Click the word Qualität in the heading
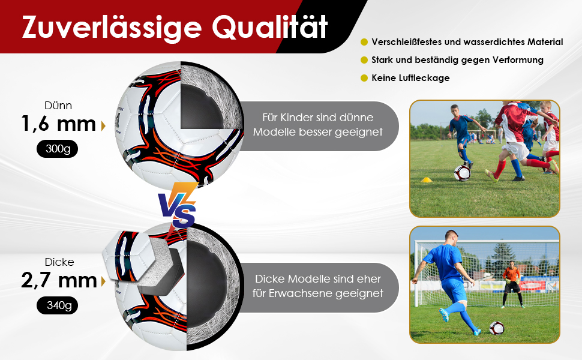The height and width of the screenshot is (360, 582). pyautogui.click(x=270, y=27)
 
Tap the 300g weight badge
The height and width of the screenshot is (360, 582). pyautogui.click(x=57, y=149)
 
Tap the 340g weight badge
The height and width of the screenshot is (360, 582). pyautogui.click(x=57, y=305)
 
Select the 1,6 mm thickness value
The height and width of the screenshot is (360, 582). pyautogui.click(x=59, y=124)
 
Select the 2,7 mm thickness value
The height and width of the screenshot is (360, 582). pyautogui.click(x=59, y=280)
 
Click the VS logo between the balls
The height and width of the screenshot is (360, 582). pyautogui.click(x=178, y=206)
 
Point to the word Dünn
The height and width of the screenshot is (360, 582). pyautogui.click(x=58, y=106)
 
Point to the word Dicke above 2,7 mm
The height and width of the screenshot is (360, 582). pyautogui.click(x=59, y=262)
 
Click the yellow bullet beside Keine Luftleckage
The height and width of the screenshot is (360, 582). pyautogui.click(x=364, y=78)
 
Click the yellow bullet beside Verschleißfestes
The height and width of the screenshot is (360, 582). pyautogui.click(x=364, y=42)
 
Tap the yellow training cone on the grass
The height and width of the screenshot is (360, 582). pyautogui.click(x=427, y=180)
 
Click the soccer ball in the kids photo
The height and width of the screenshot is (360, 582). pyautogui.click(x=462, y=173)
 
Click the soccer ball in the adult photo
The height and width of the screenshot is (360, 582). pyautogui.click(x=496, y=328)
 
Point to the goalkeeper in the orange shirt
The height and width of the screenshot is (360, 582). pyautogui.click(x=511, y=284)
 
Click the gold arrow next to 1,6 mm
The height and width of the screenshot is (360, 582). pyautogui.click(x=103, y=126)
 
